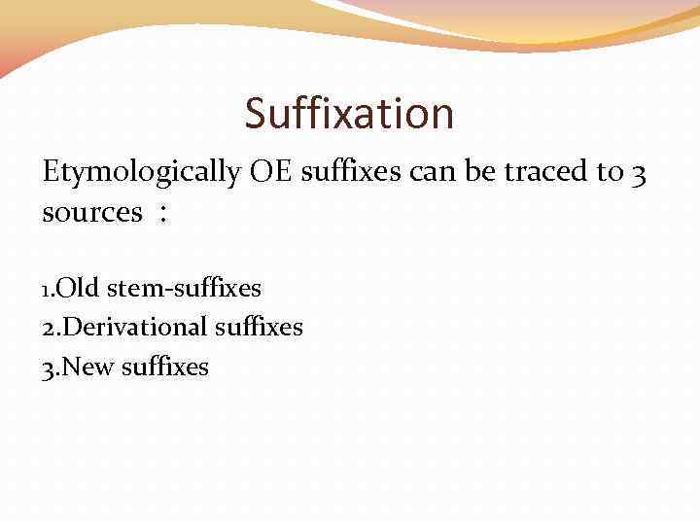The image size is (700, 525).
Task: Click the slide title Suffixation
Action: tap(349, 114)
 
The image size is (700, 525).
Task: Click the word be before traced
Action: tap(475, 172)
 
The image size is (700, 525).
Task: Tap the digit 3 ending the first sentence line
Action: tap(638, 174)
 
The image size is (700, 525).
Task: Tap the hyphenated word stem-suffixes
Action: tap(184, 288)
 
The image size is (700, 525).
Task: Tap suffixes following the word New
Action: tap(164, 367)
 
